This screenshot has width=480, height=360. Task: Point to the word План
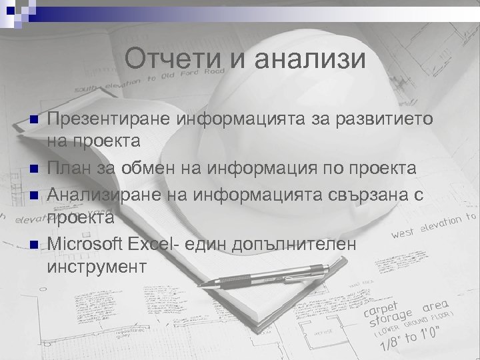click(x=69, y=169)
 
